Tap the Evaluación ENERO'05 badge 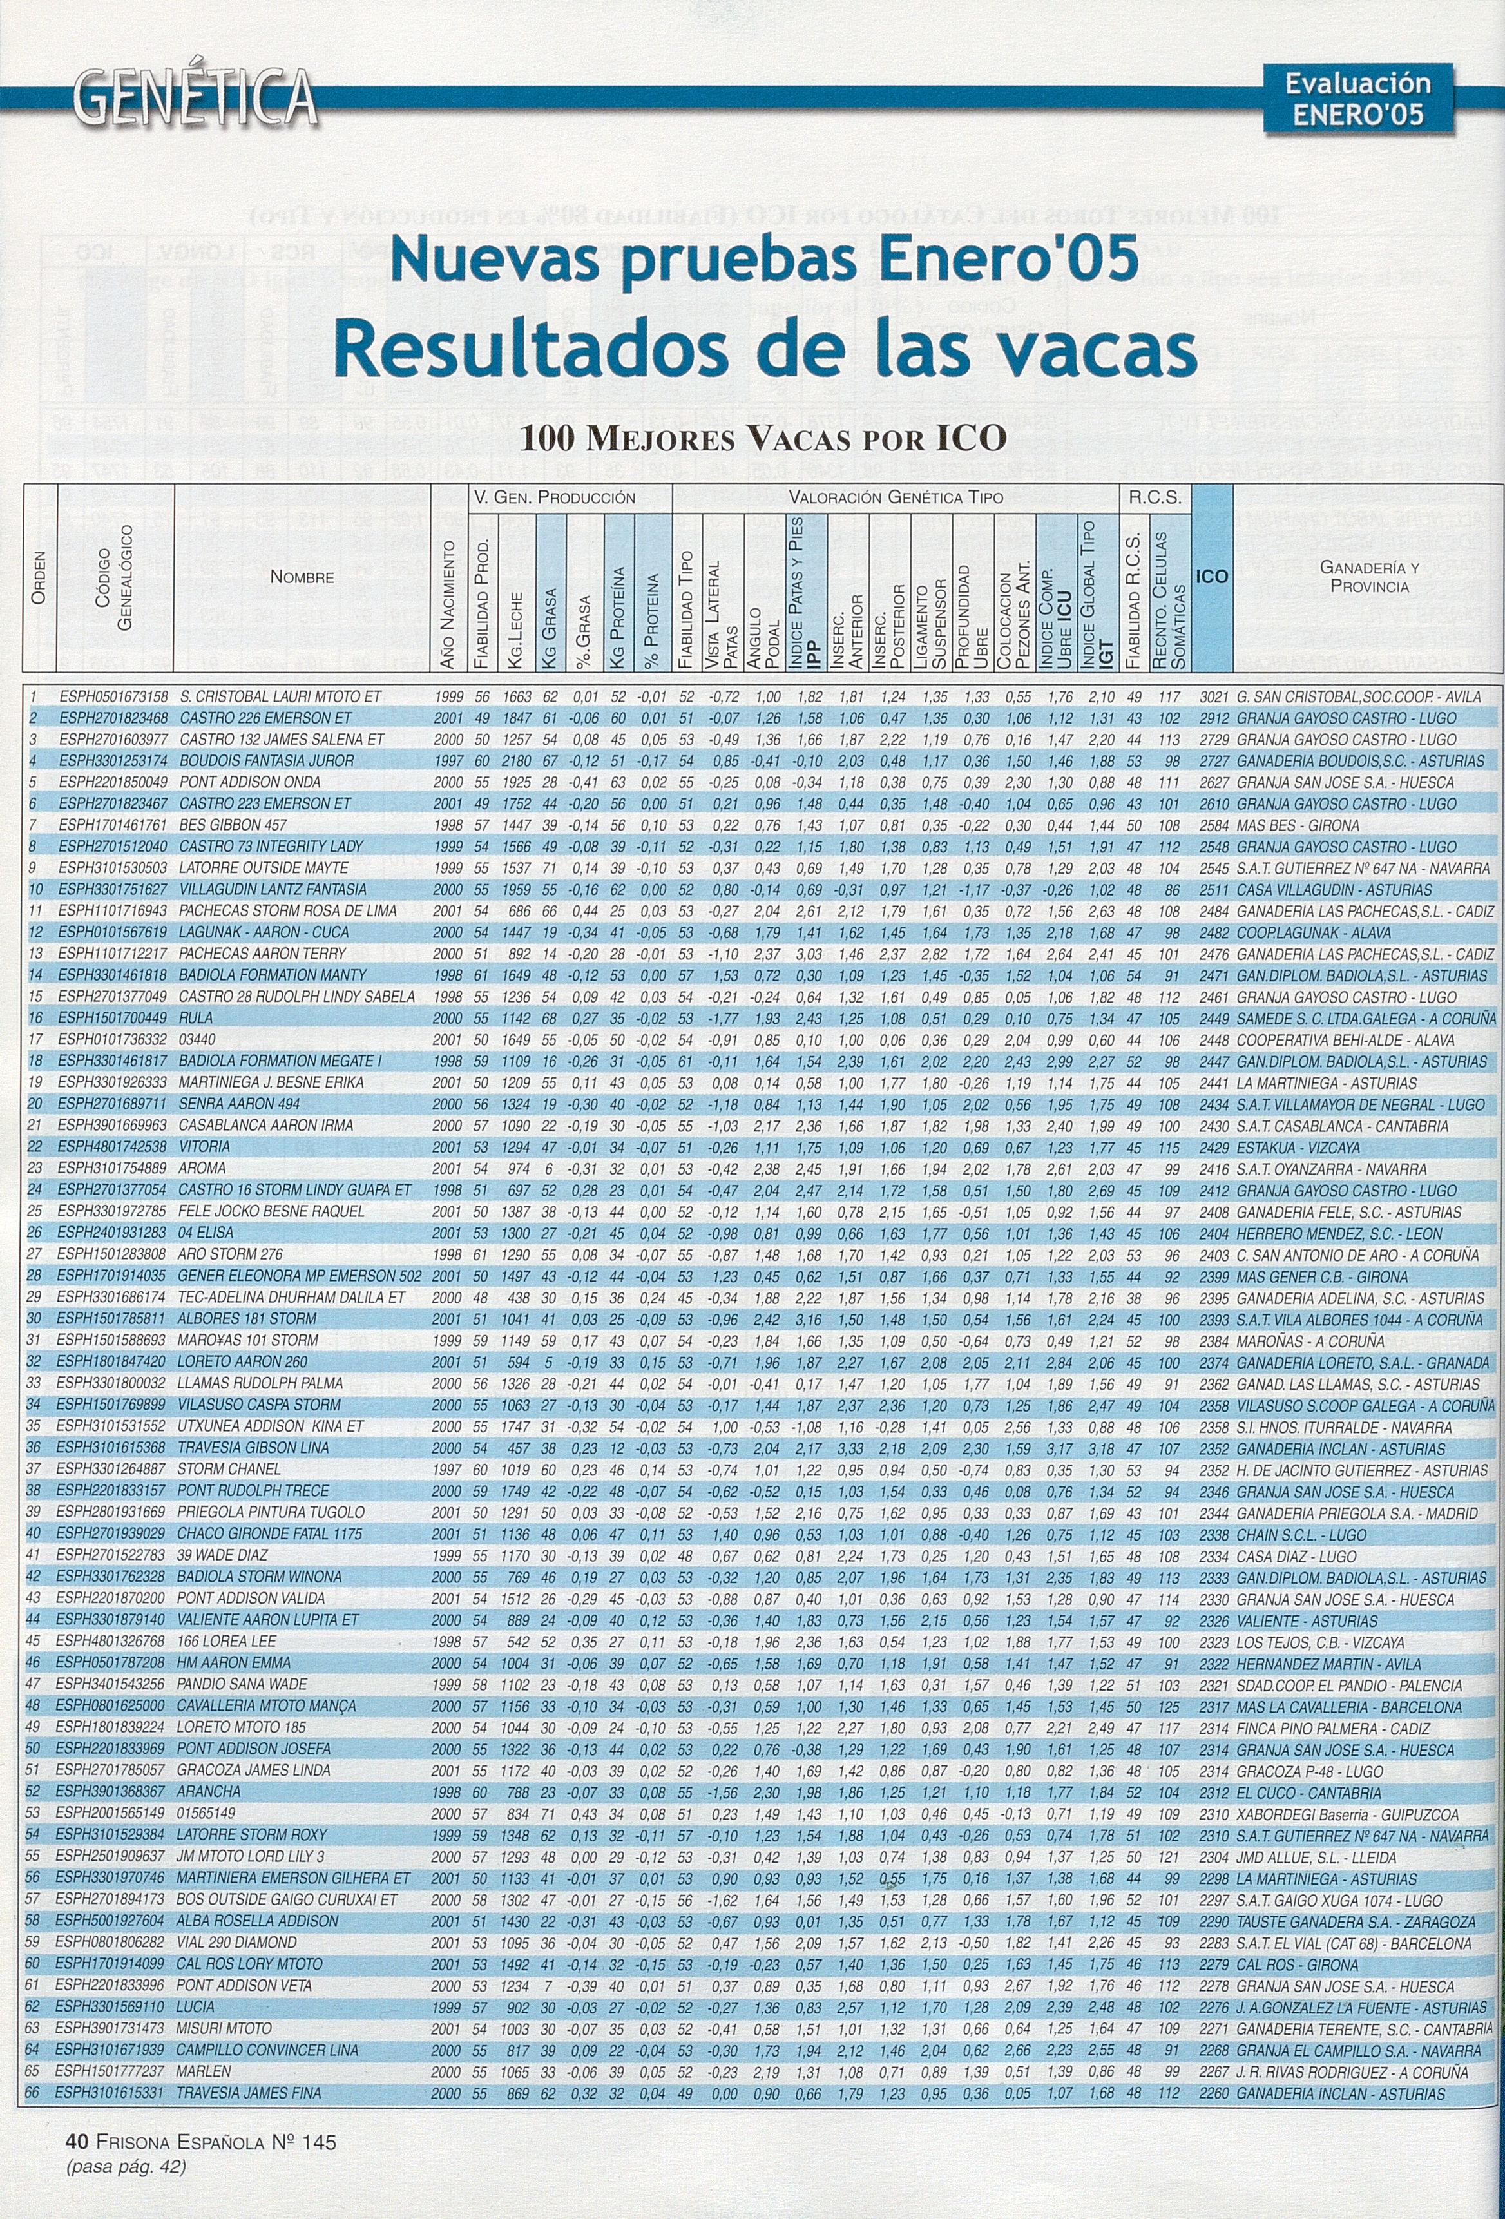coord(1356,101)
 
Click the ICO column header coord(1213,576)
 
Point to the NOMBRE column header coord(302,577)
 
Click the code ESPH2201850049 coord(113,782)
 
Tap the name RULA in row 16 coord(197,1018)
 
